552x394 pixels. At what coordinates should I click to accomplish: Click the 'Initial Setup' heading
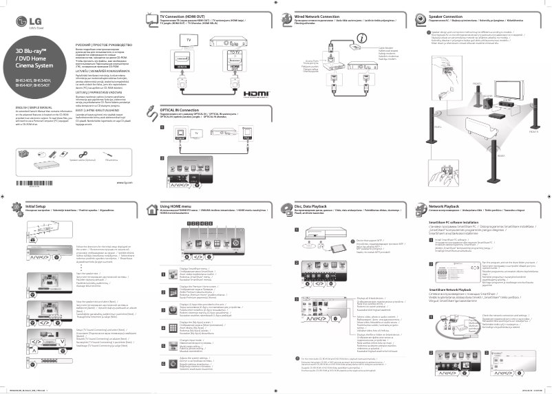(36, 206)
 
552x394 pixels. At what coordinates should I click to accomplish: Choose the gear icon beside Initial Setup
(17, 208)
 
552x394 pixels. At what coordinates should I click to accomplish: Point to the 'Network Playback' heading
(444, 206)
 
